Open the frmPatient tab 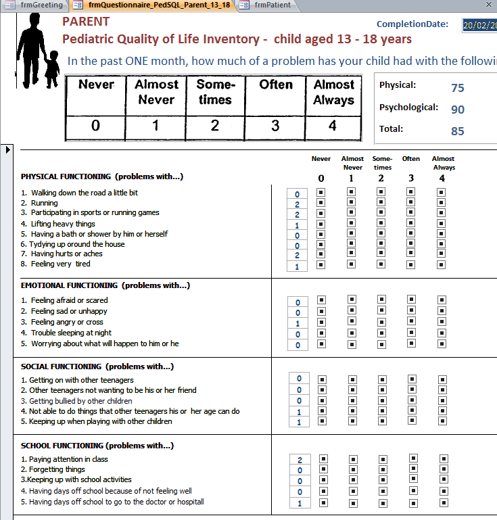tap(272, 5)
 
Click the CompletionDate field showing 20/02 tap(479, 25)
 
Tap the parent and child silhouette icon tap(38, 47)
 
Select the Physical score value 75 tap(458, 88)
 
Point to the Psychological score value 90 tap(458, 110)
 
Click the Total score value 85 tap(458, 131)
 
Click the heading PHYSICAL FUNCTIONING tap(102, 176)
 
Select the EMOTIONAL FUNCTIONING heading tap(105, 285)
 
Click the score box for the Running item tap(297, 204)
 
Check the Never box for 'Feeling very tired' tap(321, 264)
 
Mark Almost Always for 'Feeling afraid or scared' tap(442, 300)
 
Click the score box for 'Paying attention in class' tap(300, 460)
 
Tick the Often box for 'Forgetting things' tap(413, 469)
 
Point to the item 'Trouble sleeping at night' tap(71, 333)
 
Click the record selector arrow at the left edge tap(8, 149)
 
